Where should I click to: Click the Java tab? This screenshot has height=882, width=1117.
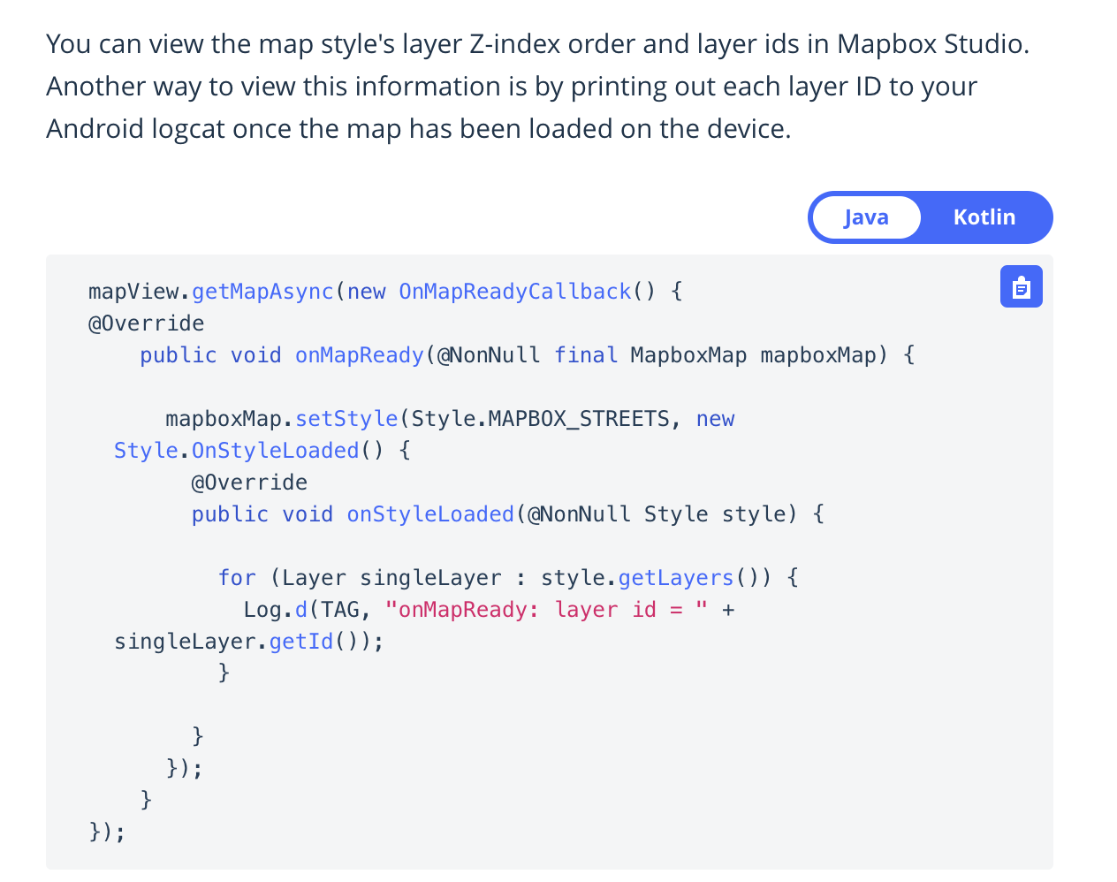pos(866,217)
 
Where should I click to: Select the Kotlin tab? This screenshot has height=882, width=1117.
pos(984,217)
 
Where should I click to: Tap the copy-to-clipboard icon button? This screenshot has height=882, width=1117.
pos(1021,286)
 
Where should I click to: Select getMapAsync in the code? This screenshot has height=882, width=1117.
pos(262,292)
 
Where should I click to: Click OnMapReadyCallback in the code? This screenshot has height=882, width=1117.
pos(514,292)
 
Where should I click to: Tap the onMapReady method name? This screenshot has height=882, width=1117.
pos(359,355)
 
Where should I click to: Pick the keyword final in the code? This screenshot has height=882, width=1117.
pos(585,355)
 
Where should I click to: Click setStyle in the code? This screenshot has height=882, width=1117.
pos(346,419)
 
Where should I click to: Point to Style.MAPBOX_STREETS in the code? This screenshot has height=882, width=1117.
pos(540,419)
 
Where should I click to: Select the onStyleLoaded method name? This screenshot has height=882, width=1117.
pos(430,514)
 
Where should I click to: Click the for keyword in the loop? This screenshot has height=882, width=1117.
pos(237,578)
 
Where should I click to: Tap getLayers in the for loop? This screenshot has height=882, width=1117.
pos(676,578)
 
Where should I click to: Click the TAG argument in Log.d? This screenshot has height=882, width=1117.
pos(339,610)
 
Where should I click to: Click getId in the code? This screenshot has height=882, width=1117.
pos(300,642)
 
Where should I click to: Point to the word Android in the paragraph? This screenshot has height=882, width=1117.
pos(95,129)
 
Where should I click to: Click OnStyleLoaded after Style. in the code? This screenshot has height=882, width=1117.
pos(275,451)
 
